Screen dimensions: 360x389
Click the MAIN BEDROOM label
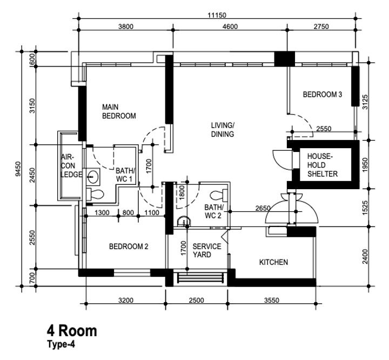click(x=118, y=111)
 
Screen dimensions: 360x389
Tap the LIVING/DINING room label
click(x=223, y=130)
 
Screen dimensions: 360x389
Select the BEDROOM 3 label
click(x=322, y=95)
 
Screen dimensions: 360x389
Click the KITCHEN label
click(x=273, y=262)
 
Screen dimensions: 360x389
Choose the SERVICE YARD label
click(x=207, y=250)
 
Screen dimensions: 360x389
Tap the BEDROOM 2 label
click(x=129, y=246)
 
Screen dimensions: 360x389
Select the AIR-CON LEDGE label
click(x=71, y=165)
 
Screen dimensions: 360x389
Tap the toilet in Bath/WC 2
click(x=218, y=195)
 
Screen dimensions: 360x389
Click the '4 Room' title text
click(x=72, y=330)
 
